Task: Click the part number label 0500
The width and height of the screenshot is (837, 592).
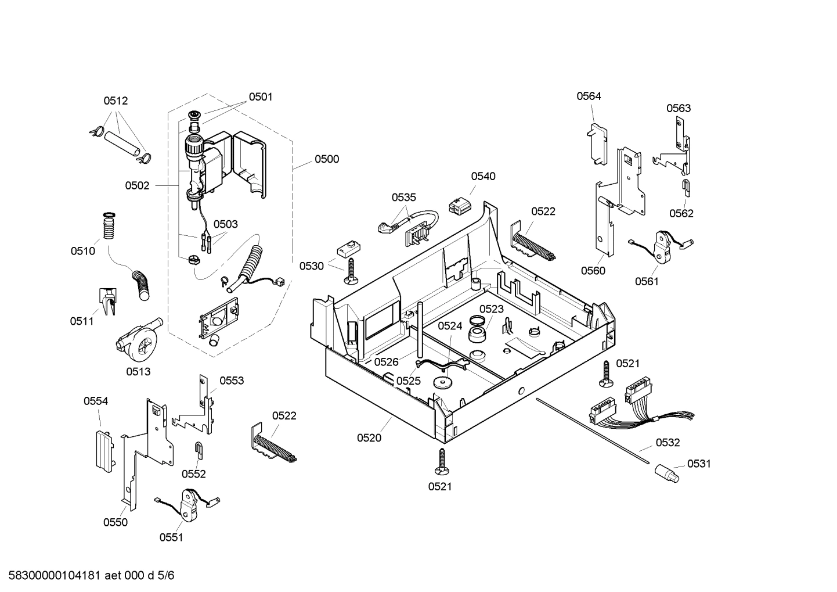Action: point(327,159)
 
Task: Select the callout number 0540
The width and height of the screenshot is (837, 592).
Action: point(483,177)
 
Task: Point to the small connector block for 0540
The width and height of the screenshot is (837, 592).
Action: point(459,205)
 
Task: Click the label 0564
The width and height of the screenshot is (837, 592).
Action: point(589,96)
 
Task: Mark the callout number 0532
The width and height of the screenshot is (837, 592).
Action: point(668,443)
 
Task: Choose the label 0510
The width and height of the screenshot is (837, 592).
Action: point(83,251)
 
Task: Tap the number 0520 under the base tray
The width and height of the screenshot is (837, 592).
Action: point(369,438)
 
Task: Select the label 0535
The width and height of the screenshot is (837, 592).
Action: point(403,198)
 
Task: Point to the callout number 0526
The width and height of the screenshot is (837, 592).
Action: point(386,362)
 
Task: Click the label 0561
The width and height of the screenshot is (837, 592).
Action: point(647,282)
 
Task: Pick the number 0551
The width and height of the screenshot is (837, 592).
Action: point(171,537)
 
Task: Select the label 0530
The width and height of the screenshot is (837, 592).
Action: point(312,266)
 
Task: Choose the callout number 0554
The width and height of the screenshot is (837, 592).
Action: point(96,401)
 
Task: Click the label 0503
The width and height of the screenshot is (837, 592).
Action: point(225,224)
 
